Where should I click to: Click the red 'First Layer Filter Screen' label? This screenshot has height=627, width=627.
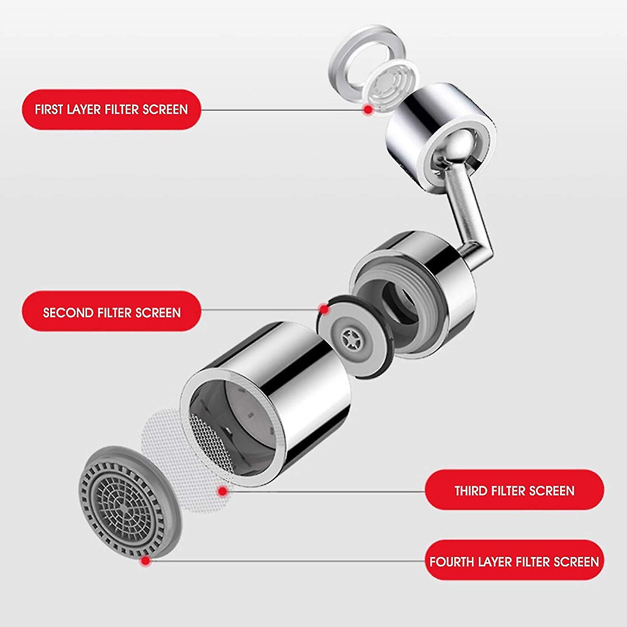coord(111,110)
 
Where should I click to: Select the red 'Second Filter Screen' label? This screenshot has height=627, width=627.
coord(111,312)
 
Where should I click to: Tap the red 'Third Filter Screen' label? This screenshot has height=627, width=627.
coord(514,490)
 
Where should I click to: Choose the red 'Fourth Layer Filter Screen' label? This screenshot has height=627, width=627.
coord(514,561)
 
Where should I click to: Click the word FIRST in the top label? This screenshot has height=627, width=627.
coord(49,110)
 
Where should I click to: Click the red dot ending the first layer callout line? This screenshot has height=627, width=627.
coord(368,110)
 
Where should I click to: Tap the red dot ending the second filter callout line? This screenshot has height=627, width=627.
coord(324,309)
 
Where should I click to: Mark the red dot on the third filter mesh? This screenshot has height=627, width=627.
coord(223,491)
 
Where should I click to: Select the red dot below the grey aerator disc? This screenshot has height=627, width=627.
coord(145,561)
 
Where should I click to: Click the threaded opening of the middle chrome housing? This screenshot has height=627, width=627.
coord(397,301)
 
